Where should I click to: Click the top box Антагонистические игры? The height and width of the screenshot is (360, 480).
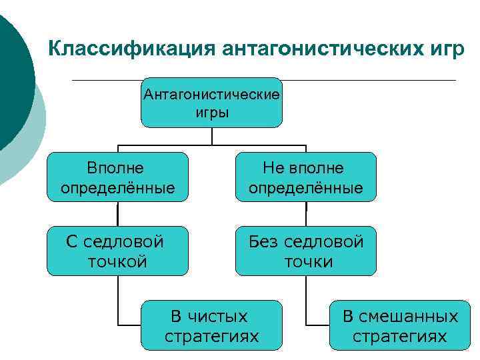211,103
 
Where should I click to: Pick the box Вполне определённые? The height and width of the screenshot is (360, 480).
117,177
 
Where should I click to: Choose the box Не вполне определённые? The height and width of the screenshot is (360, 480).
306,177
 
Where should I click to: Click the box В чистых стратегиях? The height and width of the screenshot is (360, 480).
211,325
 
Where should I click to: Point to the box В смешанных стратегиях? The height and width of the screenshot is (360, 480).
400,325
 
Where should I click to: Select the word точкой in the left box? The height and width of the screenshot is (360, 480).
117,261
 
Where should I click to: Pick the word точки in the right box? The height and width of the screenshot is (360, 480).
309,261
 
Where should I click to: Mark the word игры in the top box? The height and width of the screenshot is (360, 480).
212,112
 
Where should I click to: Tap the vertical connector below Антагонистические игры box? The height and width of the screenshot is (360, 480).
212,136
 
